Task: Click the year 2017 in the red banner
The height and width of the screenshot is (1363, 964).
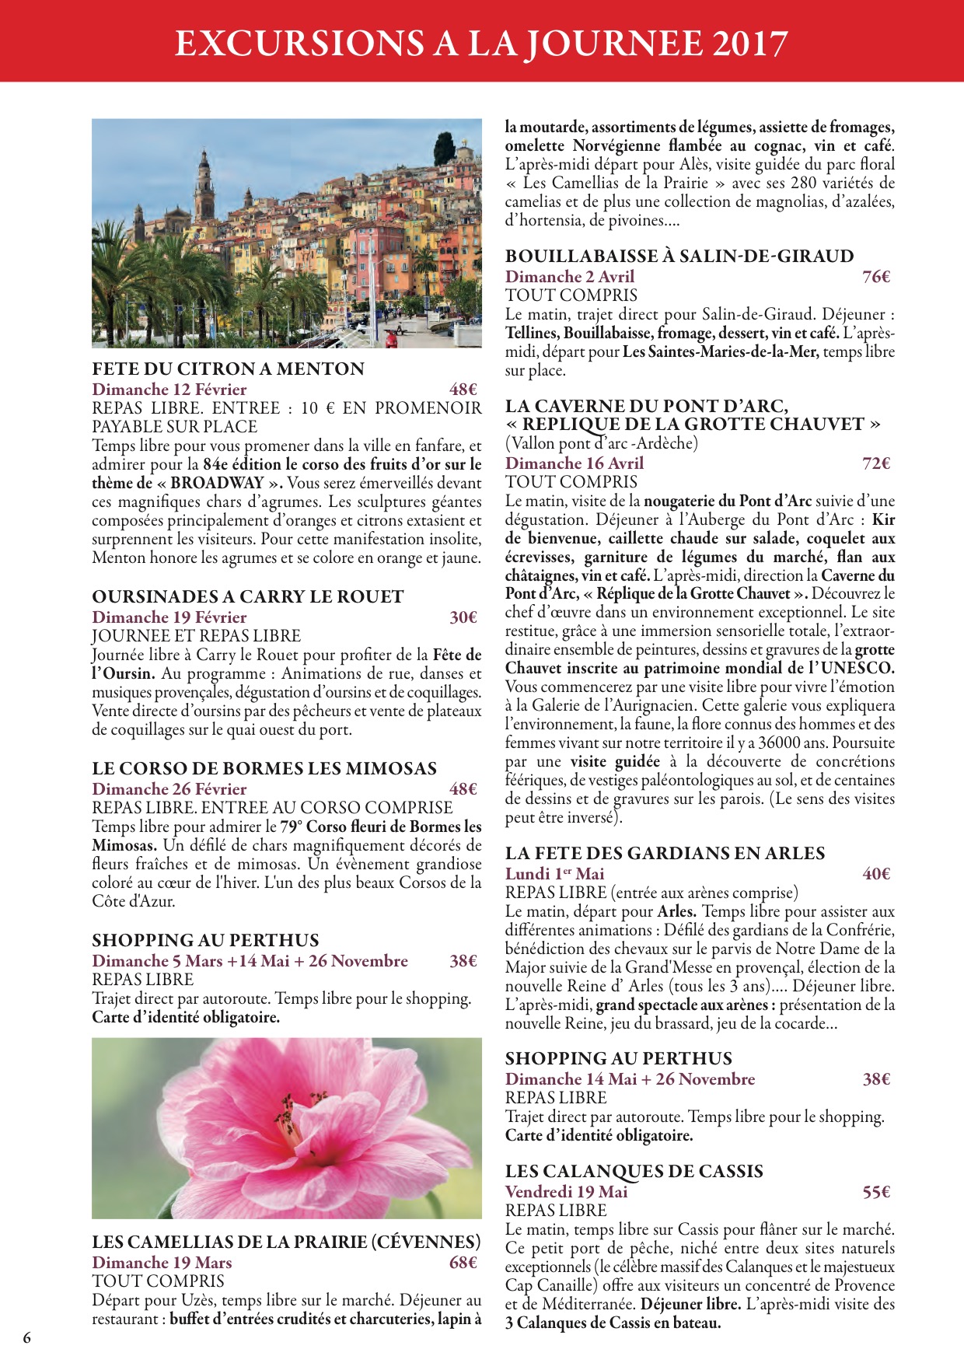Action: (x=749, y=44)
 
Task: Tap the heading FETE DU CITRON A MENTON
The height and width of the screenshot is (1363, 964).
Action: (x=228, y=369)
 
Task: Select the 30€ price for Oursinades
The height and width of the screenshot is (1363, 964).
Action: (x=463, y=617)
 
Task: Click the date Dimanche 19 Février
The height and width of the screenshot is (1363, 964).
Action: (x=169, y=617)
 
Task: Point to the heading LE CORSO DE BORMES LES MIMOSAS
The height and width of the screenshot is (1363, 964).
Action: (x=264, y=768)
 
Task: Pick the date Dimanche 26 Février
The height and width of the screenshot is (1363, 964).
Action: (x=169, y=789)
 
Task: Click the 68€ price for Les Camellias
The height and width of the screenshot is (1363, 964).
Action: (x=463, y=1263)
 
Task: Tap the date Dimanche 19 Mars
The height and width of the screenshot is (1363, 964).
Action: (x=162, y=1263)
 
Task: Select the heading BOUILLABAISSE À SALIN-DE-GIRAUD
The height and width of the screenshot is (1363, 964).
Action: (x=679, y=256)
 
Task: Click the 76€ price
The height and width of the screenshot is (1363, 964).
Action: (x=876, y=277)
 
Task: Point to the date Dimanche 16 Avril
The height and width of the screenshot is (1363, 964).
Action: (x=575, y=463)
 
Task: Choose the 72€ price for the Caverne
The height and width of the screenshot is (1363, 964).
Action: (x=876, y=463)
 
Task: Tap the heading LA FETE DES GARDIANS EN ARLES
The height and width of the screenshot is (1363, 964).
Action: (x=665, y=853)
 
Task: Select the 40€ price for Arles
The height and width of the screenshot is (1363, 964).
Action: (x=876, y=874)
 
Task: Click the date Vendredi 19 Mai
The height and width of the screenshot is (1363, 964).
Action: (x=566, y=1192)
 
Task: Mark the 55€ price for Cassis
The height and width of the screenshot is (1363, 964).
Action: (x=876, y=1192)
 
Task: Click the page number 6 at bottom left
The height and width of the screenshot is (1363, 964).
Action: (x=27, y=1338)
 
